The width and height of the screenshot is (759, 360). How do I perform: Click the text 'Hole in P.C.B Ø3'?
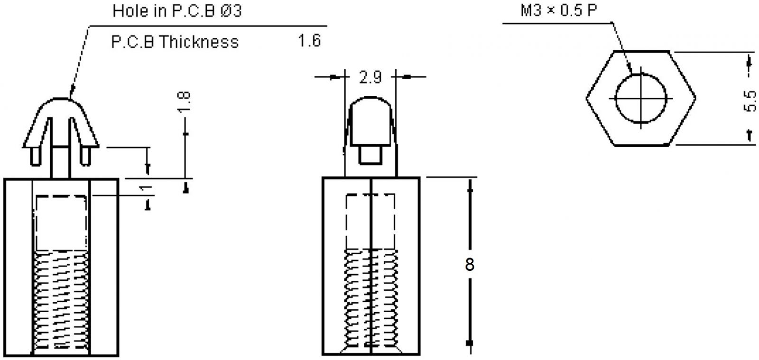point(176,11)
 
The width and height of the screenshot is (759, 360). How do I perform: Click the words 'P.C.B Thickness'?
point(175,42)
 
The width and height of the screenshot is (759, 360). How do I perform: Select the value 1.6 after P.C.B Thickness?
point(309,41)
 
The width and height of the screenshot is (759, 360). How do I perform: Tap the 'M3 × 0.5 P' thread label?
point(558,10)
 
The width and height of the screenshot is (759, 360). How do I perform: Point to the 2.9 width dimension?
point(370,77)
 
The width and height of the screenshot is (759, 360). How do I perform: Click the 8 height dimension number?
point(469,265)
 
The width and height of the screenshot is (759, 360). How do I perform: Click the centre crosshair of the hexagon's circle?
point(641,99)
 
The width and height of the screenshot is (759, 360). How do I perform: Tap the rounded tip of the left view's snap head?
point(61,101)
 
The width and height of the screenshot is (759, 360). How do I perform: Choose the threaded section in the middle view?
point(371,299)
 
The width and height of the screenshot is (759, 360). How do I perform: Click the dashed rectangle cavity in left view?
point(61,222)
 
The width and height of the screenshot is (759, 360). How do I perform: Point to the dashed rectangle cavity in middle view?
point(370,221)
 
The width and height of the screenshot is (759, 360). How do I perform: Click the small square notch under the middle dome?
point(370,155)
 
